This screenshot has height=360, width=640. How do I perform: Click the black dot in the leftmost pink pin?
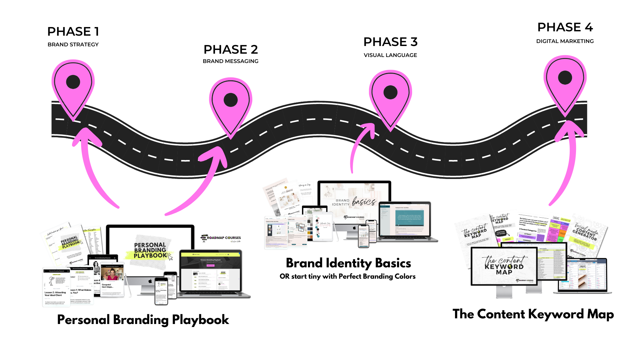[x=73, y=82]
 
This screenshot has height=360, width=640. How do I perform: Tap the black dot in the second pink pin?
[x=231, y=100]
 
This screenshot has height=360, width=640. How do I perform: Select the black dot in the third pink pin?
[x=390, y=92]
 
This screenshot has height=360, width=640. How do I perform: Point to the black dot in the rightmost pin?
[x=565, y=77]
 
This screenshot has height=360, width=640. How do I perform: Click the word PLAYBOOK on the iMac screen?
[x=150, y=255]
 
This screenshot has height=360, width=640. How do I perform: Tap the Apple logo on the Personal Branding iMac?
[x=150, y=281]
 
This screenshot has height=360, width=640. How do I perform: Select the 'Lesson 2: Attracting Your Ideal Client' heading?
[x=55, y=294]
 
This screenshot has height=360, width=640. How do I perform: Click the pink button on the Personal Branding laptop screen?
[x=210, y=265]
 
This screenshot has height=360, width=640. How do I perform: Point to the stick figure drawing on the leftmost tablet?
[x=52, y=280]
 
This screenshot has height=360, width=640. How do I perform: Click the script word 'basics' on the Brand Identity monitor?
[x=364, y=202]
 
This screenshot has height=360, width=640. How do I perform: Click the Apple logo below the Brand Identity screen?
[x=354, y=228]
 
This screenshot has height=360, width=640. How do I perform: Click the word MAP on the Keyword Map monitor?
[x=504, y=272]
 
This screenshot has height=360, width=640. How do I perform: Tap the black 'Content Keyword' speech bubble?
[x=500, y=233]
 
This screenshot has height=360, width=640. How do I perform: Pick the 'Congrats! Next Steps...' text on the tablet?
[x=107, y=286]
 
